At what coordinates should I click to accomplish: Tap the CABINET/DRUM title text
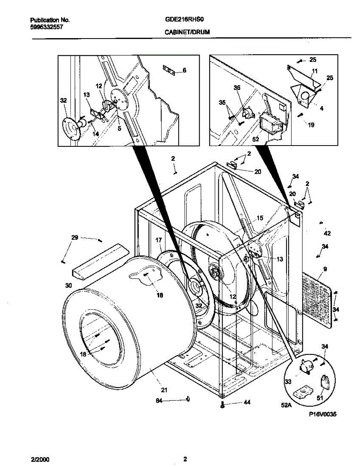click(x=182, y=33)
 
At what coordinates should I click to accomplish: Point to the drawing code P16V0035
click(x=321, y=415)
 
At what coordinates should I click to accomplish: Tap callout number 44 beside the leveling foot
click(x=247, y=402)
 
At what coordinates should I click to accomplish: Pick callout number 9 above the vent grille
click(x=325, y=269)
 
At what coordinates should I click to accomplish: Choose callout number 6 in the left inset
click(x=184, y=70)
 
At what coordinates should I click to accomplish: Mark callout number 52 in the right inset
click(x=256, y=139)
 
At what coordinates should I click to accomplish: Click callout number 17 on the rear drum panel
click(x=158, y=240)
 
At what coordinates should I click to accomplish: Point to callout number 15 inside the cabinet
click(x=260, y=218)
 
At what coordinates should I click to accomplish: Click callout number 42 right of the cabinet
click(x=327, y=233)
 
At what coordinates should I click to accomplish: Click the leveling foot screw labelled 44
click(x=222, y=405)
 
